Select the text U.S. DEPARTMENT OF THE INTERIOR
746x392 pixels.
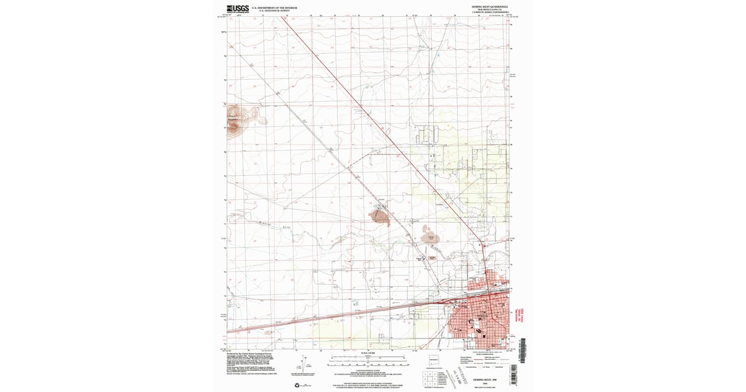pyautogui.click(x=274, y=7)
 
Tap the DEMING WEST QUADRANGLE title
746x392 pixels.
pyautogui.click(x=490, y=7)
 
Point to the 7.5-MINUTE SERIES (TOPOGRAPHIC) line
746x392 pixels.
pyautogui.click(x=490, y=12)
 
